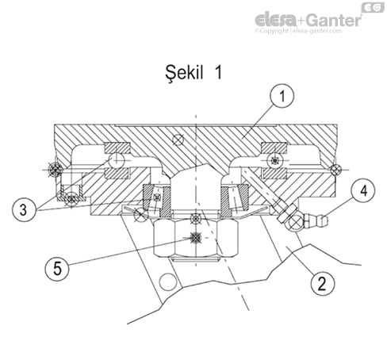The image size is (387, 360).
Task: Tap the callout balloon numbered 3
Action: (x=25, y=210)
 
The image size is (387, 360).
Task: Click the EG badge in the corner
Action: (x=371, y=6)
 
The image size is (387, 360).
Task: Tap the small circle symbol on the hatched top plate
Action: (x=182, y=140)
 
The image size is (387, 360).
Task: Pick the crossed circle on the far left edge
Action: (x=54, y=168)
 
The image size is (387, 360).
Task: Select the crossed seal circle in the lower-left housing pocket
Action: (x=72, y=197)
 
